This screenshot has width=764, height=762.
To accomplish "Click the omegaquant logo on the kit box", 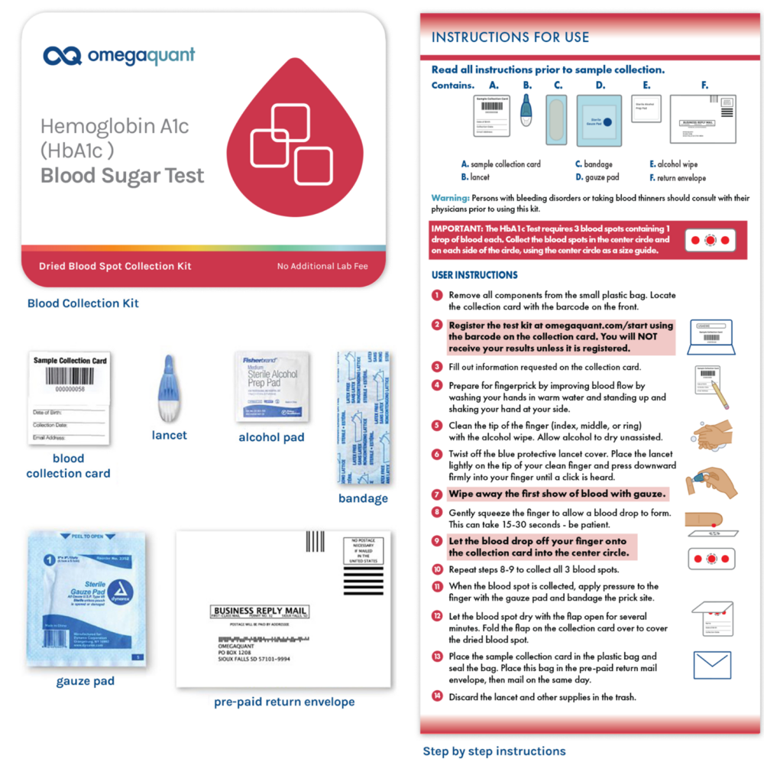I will point(119,56).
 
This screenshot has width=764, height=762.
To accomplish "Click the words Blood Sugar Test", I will point(122,176).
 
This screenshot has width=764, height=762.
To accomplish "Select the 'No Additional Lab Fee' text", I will point(326,267).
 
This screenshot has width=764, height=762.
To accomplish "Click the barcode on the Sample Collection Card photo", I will point(68,376).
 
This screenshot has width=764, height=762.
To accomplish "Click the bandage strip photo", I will point(365,417).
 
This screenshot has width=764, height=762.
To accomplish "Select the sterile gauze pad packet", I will point(86,599).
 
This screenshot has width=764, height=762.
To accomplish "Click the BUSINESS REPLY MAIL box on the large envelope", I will point(260,611).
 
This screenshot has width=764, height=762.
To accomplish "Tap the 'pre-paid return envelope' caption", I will point(284,702).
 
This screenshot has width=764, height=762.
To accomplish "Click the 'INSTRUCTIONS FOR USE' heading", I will point(510,37).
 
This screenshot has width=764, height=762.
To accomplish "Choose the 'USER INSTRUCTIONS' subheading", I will point(474,275).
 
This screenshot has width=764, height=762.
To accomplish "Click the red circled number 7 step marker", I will point(437,494).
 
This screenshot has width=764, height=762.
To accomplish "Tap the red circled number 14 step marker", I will point(437,696).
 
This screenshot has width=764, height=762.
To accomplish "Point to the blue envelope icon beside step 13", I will point(712,666).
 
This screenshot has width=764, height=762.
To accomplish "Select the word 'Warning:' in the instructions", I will point(450,198).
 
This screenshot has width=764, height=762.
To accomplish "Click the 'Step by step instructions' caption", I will point(494,751).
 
